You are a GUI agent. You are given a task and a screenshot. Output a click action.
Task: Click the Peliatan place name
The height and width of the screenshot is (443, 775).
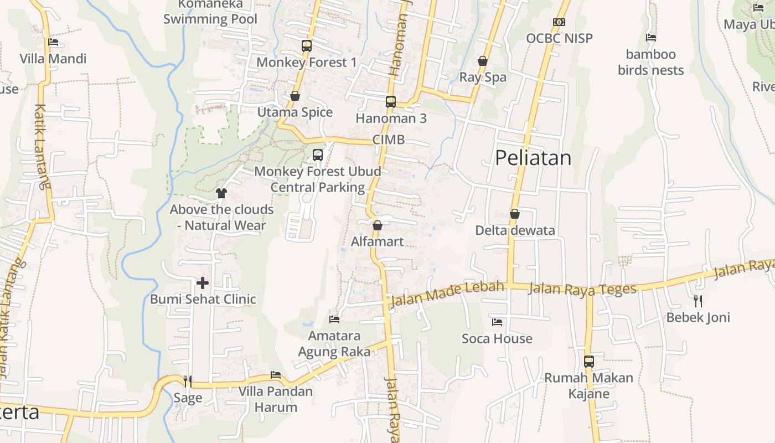(x=533, y=158)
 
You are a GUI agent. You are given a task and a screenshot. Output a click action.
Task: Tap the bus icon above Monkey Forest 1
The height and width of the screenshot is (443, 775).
(x=307, y=45)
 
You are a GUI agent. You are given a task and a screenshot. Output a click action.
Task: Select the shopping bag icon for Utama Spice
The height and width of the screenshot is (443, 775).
(x=295, y=96)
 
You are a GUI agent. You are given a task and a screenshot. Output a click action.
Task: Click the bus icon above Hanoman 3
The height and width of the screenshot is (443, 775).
(x=391, y=101)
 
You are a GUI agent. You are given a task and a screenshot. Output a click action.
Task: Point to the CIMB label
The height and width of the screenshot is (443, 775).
(x=389, y=140)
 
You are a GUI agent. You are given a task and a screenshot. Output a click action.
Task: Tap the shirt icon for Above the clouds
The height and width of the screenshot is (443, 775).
(x=221, y=193)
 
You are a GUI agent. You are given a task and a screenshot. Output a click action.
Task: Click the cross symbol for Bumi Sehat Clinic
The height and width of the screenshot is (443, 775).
(x=203, y=283)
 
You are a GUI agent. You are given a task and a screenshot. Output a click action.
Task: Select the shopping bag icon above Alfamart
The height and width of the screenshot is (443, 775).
(x=378, y=225)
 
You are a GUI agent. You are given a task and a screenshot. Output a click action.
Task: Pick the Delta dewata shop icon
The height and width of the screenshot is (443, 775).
(x=515, y=214)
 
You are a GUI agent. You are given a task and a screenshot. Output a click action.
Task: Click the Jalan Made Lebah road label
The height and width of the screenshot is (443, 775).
(x=447, y=293)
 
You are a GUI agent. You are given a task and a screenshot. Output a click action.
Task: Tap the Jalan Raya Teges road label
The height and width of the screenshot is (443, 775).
(x=582, y=289)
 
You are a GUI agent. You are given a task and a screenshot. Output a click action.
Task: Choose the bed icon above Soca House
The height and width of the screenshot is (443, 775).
(x=497, y=322)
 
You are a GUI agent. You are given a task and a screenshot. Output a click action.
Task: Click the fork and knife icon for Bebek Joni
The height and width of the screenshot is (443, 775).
(x=698, y=301)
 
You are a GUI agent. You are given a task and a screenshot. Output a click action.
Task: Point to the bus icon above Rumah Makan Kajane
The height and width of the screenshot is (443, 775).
(x=589, y=361)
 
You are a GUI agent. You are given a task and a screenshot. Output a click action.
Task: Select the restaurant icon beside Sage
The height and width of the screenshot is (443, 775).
(x=188, y=381)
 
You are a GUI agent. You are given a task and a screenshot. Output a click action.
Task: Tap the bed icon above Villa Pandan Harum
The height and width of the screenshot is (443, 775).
(x=276, y=375)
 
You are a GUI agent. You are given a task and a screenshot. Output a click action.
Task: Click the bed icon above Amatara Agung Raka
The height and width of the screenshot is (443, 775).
(x=334, y=319)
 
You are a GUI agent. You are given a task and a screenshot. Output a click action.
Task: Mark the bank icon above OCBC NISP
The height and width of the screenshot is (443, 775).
(x=559, y=22)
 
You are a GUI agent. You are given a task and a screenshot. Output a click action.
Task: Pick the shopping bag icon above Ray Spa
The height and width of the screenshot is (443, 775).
(x=483, y=61)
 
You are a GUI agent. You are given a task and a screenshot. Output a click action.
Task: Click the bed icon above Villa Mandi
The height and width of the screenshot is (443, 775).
(x=53, y=42)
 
